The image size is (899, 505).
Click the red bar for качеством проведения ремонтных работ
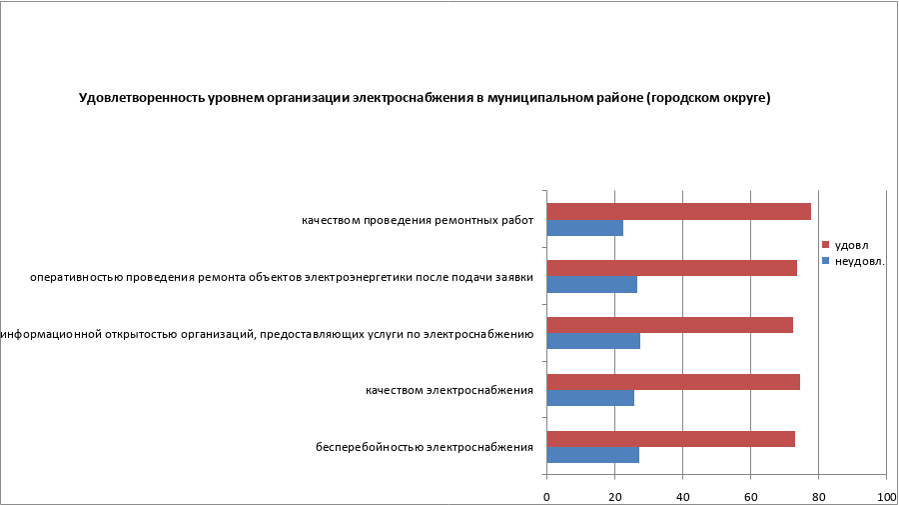tap(679, 211)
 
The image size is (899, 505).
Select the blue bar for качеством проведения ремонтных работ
tap(585, 228)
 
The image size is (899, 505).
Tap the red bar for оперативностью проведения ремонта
tap(672, 268)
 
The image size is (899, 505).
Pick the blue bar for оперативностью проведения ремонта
tap(592, 284)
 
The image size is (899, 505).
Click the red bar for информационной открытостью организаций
tap(670, 325)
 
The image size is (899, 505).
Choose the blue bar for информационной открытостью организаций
tap(593, 341)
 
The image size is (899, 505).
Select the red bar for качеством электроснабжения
tap(673, 381)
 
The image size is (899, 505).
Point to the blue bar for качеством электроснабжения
tap(590, 398)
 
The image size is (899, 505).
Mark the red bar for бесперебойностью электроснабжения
tap(671, 438)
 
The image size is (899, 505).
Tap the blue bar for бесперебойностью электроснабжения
tap(593, 455)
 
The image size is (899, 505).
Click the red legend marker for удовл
tap(826, 245)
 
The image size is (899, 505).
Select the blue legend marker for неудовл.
tap(826, 261)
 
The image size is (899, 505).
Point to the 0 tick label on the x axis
tap(547, 496)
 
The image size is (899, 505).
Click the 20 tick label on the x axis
tap(615, 496)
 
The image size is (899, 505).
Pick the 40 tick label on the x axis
tap(682, 496)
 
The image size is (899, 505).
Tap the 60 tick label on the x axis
tap(750, 496)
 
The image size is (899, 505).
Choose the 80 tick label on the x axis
tap(818, 496)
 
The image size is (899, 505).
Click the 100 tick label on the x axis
tap(885, 496)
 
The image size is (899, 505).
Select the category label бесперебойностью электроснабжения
tap(425, 446)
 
